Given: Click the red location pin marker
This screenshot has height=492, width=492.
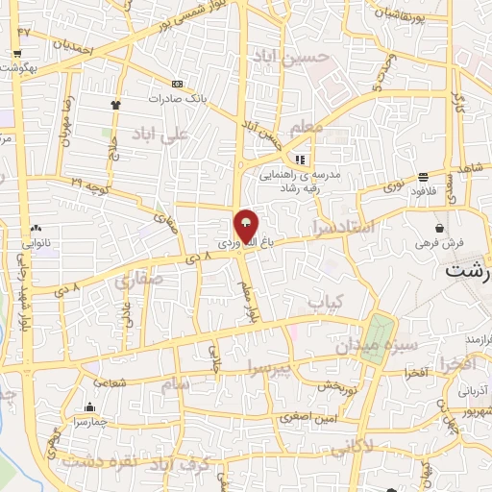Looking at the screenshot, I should [247, 225].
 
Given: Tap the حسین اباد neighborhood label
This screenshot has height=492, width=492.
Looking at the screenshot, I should [299, 58].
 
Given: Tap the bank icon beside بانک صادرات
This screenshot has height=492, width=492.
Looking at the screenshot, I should [176, 84].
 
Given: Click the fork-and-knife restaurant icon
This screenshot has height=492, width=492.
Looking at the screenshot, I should [300, 160].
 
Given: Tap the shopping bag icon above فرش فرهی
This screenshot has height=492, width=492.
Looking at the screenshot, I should [439, 229].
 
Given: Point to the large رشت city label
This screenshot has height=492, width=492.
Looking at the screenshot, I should [468, 271].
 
